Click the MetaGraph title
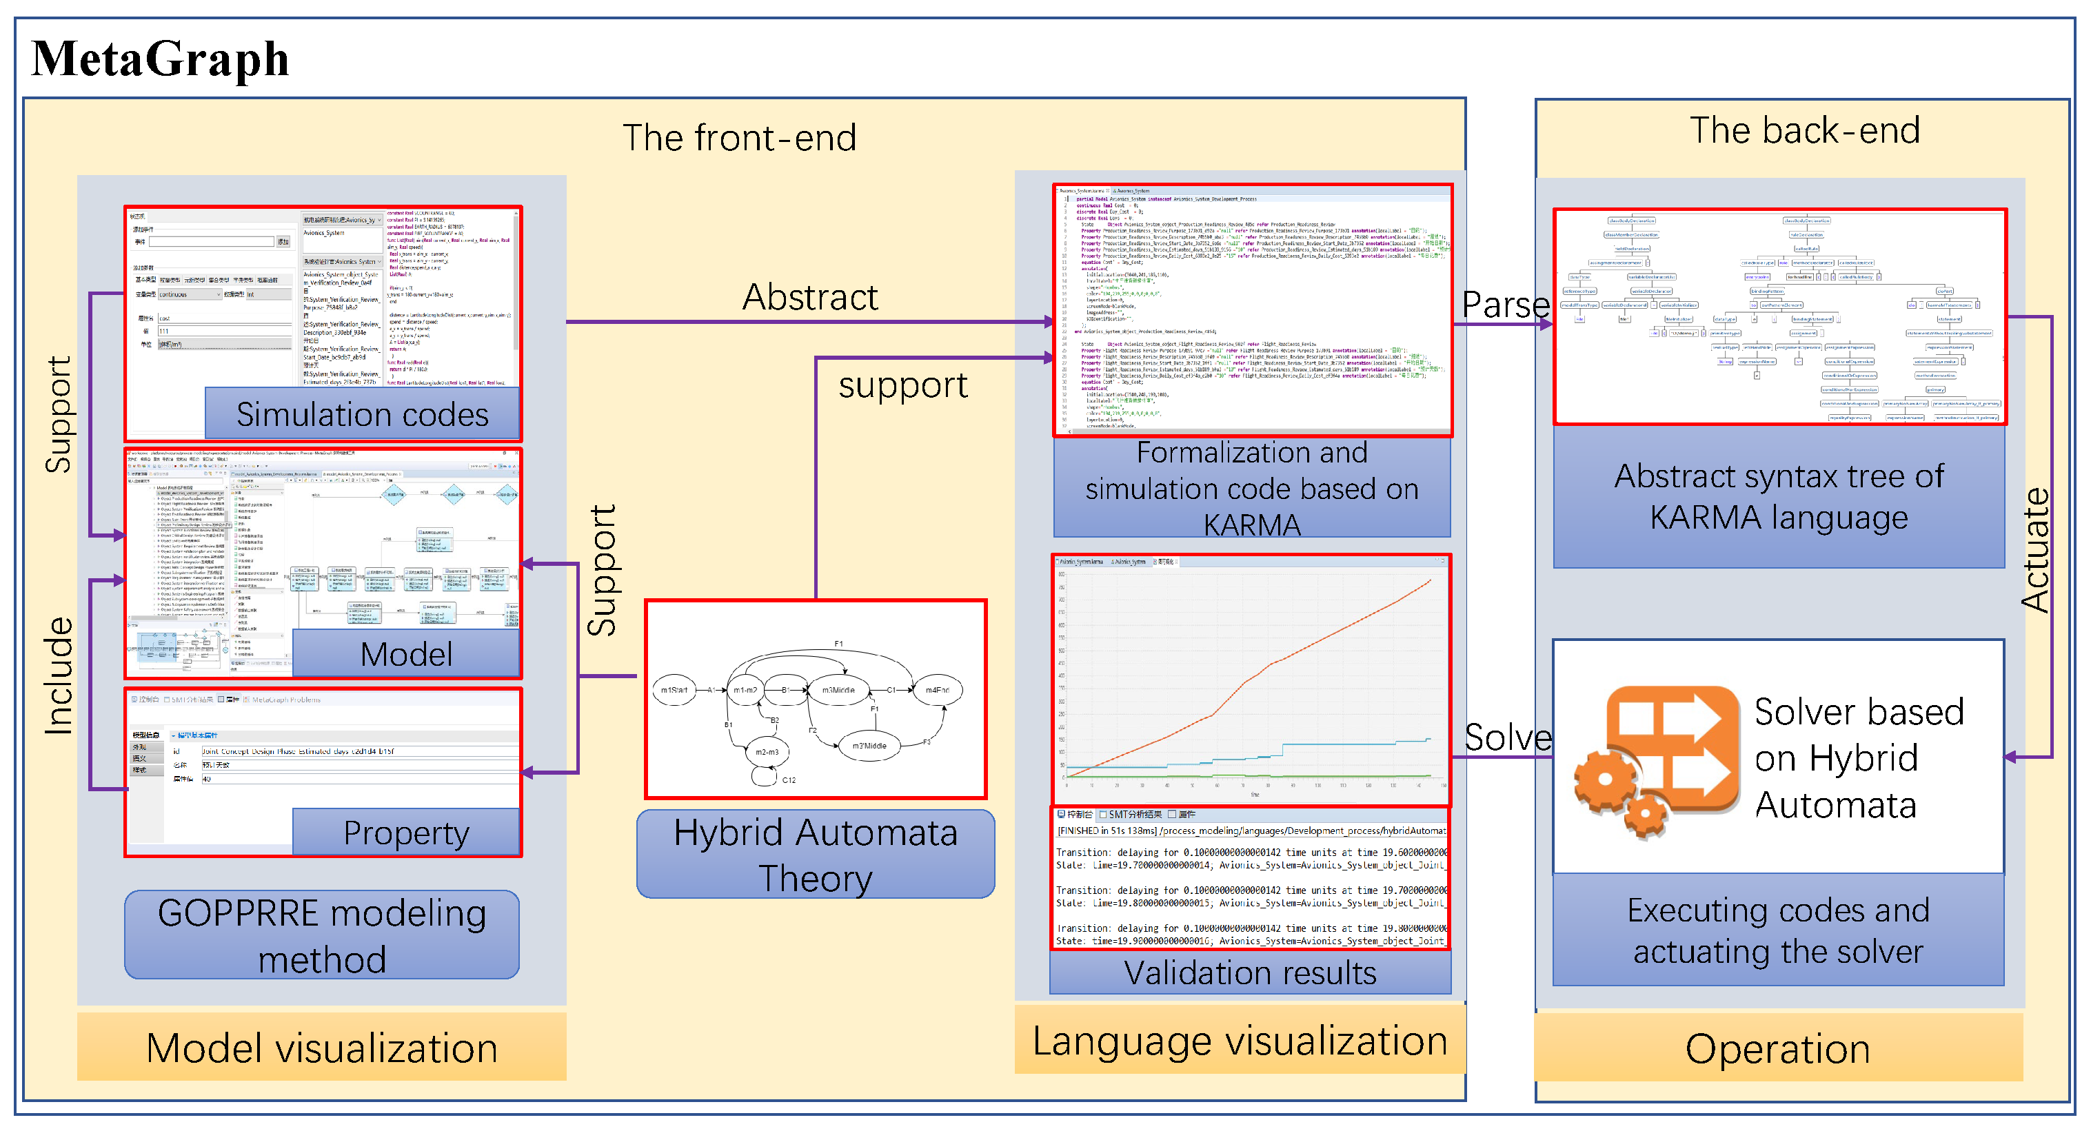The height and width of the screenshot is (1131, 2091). (x=160, y=59)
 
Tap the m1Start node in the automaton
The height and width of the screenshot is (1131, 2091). (x=674, y=691)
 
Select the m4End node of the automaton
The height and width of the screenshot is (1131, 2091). (x=937, y=691)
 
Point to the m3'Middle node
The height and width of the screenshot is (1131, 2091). (x=869, y=746)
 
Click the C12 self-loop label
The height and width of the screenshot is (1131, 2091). (x=788, y=780)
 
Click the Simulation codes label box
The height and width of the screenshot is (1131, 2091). (x=362, y=415)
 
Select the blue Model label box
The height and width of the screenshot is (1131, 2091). (x=406, y=654)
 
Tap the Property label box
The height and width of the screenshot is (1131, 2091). (x=406, y=833)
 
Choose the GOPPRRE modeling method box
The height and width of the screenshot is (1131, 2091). (x=321, y=935)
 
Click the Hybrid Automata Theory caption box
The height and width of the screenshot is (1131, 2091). (x=815, y=855)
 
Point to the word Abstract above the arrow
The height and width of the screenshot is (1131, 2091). (x=809, y=297)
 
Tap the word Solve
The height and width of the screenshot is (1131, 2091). (x=1506, y=737)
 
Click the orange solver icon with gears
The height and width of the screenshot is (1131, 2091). (x=1656, y=759)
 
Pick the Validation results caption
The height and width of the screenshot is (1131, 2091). (x=1250, y=972)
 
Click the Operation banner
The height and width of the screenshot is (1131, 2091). (x=1778, y=1048)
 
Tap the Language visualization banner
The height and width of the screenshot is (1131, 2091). (x=1240, y=1041)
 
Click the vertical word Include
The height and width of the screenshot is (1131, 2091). (x=59, y=676)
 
